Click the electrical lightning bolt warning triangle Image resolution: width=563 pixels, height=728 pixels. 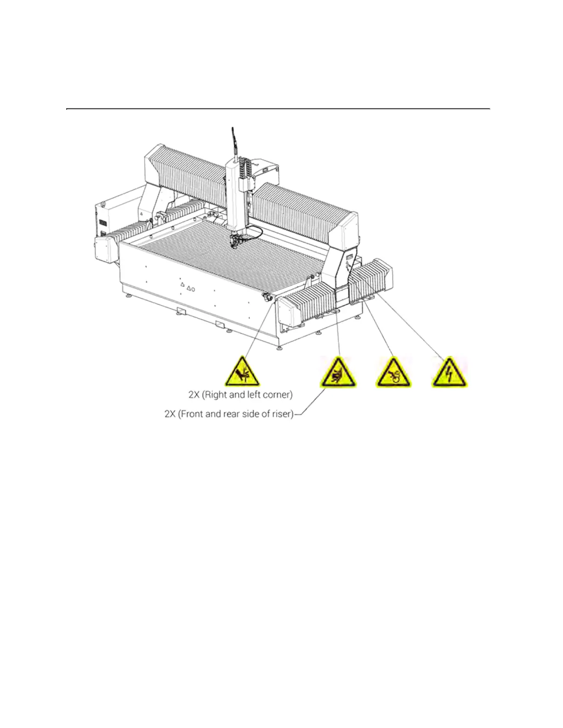click(449, 373)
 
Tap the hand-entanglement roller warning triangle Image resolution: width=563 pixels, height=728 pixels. click(394, 373)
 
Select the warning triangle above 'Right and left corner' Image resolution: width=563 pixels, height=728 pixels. click(242, 373)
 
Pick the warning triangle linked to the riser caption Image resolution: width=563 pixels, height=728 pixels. click(338, 373)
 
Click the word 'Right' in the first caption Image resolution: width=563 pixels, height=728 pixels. click(217, 394)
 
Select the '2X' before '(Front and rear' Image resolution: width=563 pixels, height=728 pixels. click(170, 414)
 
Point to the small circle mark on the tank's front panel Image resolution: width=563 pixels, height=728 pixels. click(193, 289)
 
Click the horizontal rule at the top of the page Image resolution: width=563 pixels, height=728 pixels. click(278, 109)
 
